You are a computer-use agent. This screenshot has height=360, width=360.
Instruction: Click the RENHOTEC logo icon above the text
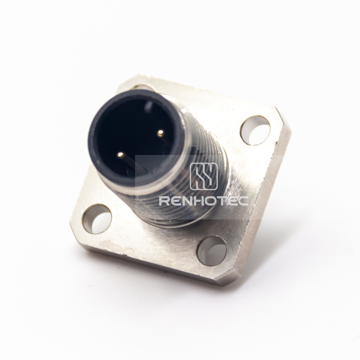pyautogui.click(x=204, y=176)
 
